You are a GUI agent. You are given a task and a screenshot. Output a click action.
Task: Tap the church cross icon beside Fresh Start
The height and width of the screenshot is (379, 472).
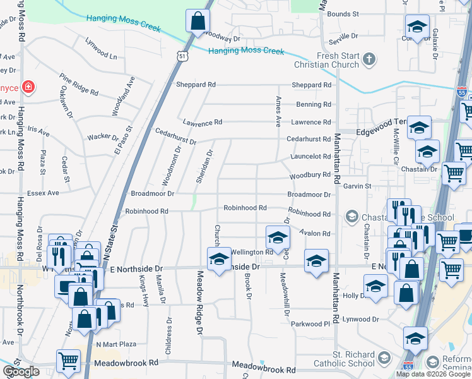[369, 60]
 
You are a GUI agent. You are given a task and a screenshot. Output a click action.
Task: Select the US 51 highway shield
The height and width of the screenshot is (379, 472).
[182, 56]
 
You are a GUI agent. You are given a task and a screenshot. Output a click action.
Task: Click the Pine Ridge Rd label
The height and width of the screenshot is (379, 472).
[79, 85]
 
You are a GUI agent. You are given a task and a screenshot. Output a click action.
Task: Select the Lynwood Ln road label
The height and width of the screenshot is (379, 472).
[101, 49]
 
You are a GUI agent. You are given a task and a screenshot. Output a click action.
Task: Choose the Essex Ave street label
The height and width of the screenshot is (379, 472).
[44, 193]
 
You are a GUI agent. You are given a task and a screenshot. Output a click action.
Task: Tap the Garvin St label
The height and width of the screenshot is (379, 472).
[357, 186]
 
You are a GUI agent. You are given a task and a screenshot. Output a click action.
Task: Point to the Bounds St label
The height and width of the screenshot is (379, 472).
[343, 13]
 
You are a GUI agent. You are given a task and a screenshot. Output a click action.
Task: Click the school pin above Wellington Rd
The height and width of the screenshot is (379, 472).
[276, 238]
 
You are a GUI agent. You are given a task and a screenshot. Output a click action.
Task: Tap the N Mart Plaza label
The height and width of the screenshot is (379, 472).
[116, 344]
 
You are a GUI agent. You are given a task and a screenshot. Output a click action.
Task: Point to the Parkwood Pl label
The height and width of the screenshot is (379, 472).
[310, 324]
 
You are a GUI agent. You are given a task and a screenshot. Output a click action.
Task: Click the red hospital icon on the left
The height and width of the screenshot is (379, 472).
[28, 87]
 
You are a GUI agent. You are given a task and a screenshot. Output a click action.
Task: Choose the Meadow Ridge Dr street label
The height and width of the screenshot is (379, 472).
[200, 303]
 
